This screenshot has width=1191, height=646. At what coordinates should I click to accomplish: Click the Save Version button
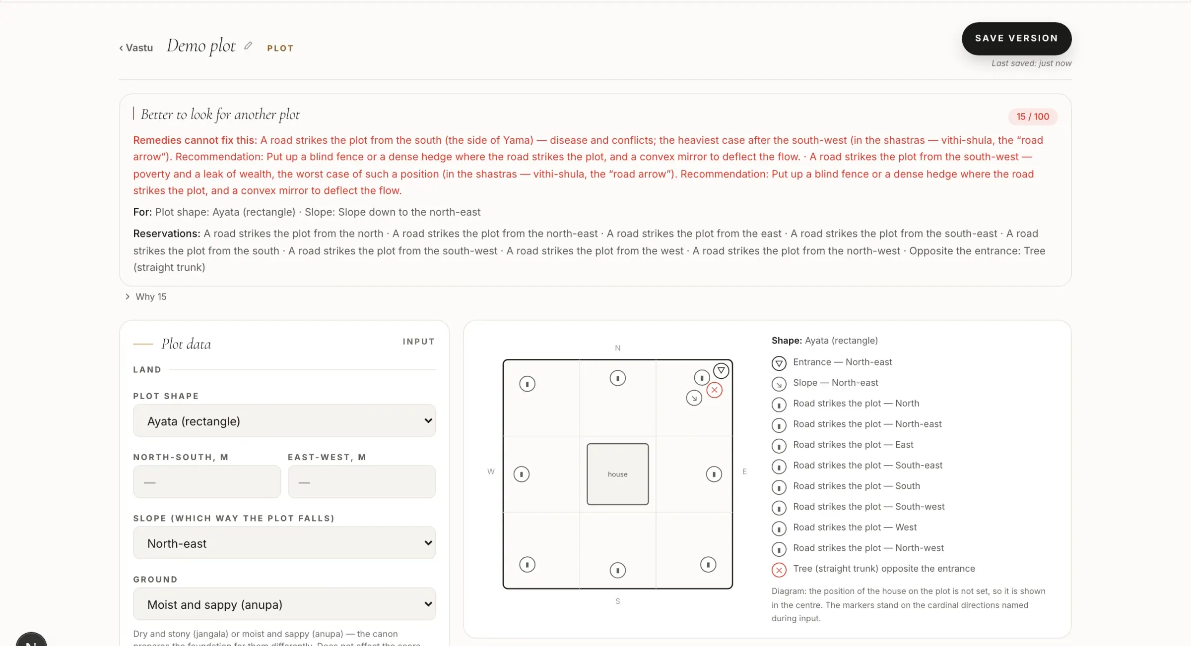click(1016, 38)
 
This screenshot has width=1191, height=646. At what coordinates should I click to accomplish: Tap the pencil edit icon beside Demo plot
click(248, 46)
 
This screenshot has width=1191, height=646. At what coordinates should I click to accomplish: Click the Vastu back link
click(136, 48)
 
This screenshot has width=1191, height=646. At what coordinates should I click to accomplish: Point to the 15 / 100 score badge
click(1033, 117)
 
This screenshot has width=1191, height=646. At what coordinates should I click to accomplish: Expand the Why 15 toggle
click(146, 296)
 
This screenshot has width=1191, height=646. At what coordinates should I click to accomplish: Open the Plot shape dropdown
click(284, 420)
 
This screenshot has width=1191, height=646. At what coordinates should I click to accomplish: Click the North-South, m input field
click(207, 481)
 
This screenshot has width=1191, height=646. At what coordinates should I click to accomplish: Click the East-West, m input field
click(362, 481)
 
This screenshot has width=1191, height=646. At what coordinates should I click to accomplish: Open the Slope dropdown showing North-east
click(284, 543)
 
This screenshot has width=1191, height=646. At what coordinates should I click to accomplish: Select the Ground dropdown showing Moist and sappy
click(284, 604)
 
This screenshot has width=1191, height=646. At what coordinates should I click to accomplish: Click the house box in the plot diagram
click(618, 474)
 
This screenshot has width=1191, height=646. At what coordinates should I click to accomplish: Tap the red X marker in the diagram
click(715, 390)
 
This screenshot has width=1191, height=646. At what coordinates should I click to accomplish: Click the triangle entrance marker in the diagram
click(721, 370)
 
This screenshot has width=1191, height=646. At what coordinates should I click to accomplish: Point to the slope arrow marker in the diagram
click(694, 398)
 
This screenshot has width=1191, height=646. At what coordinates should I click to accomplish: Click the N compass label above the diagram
click(618, 348)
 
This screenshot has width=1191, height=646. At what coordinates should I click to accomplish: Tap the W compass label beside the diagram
click(491, 471)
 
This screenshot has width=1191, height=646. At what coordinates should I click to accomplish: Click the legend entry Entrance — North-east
click(842, 362)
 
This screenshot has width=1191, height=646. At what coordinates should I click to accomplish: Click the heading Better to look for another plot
click(220, 115)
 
